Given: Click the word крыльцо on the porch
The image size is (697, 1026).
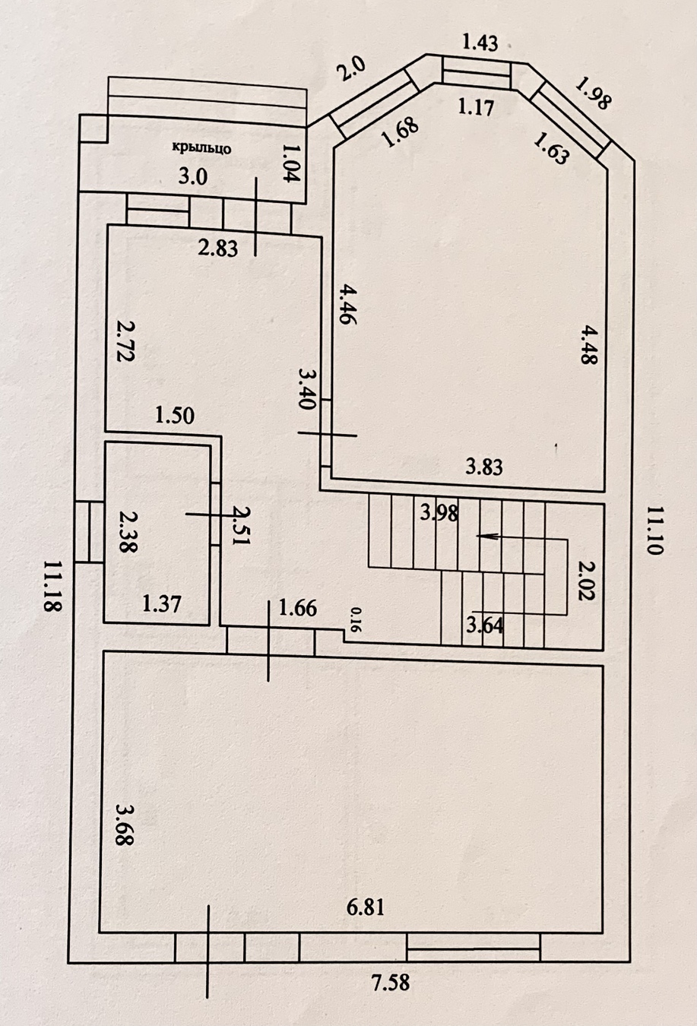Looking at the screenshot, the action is point(201,148).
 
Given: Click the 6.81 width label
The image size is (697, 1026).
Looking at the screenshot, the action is point(365,907).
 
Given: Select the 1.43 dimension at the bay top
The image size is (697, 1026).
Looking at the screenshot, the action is point(480,43).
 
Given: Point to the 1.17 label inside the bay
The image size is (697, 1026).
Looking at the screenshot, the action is point(477,108).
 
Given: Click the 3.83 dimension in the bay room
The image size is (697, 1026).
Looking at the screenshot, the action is point(484,467).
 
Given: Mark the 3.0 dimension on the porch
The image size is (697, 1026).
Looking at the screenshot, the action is point(193,176).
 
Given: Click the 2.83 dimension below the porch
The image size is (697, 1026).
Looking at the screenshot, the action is point(218,249).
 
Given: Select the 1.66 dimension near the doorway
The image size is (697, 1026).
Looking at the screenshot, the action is point(298,609).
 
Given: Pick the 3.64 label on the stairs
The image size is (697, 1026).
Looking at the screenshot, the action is point(484,625).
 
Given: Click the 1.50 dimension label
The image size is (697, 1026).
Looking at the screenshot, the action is point(175,416).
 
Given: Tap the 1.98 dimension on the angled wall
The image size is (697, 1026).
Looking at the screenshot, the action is point(593,94).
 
